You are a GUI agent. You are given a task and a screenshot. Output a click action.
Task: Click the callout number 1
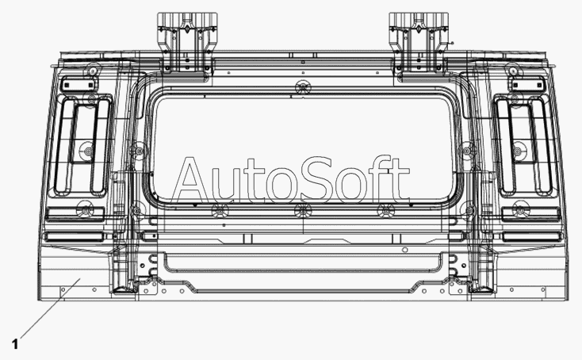tap(15, 344)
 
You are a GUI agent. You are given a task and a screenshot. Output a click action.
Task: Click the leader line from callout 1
tap(50, 308)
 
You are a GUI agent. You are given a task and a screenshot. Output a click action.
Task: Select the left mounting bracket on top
tap(187, 43)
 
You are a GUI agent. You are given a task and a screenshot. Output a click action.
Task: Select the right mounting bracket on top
tap(419, 43)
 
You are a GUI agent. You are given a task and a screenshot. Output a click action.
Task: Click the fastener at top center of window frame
tap(303, 87)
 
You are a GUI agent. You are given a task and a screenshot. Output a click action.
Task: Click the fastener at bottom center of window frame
tap(303, 211)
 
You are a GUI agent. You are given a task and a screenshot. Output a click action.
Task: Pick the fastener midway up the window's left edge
tap(139, 151)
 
